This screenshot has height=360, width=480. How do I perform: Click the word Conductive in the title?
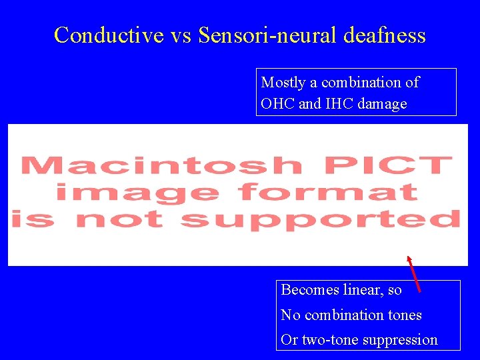[x=108, y=35]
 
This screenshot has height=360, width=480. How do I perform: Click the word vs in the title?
[x=181, y=35]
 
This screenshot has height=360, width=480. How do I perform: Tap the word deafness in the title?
[x=385, y=35]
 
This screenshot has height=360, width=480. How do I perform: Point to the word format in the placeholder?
[x=328, y=193]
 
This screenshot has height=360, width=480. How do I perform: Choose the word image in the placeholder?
[x=137, y=193]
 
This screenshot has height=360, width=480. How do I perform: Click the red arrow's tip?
[x=409, y=257]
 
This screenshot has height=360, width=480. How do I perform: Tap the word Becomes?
[x=309, y=290]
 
